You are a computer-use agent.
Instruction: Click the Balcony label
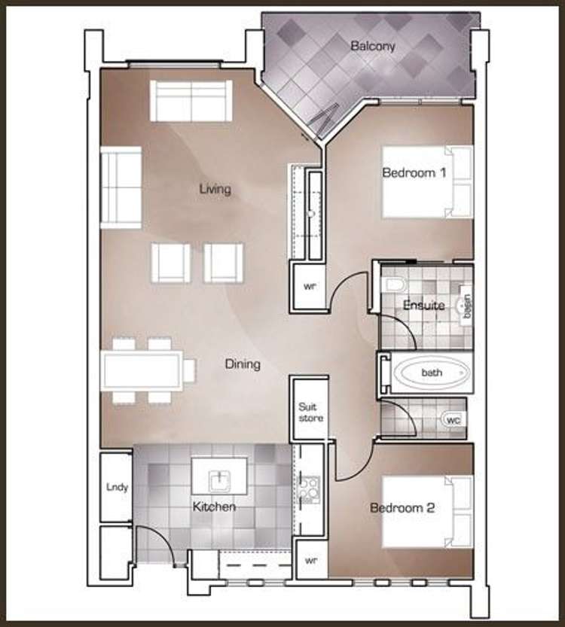372,47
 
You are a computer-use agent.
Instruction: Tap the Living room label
215,189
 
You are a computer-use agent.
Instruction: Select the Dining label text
243,364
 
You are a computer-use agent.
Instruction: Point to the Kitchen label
214,507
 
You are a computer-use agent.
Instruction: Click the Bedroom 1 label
414,173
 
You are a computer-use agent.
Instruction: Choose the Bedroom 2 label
402,508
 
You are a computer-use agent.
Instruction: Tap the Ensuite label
423,306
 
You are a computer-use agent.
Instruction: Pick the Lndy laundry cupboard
117,487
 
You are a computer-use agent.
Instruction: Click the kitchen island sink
219,476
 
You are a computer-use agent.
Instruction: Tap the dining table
143,370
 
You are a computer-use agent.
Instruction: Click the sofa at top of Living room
191,100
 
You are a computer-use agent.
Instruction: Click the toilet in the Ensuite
395,285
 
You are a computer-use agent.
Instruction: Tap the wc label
454,419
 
